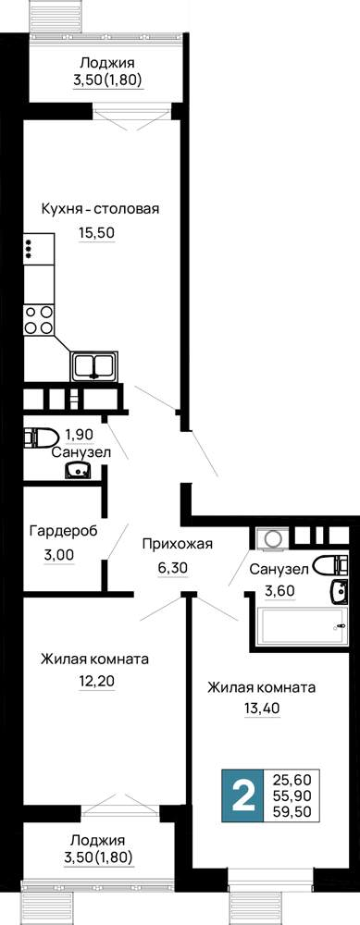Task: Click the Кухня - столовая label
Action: coord(100,209)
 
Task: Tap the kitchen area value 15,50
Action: coord(96,233)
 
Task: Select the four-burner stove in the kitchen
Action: coord(39,320)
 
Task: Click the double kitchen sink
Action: coord(94,365)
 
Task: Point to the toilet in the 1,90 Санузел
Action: coord(40,438)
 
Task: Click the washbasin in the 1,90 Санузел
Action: coord(78,470)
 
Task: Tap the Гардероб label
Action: coord(64,530)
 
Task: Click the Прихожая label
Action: coord(177,544)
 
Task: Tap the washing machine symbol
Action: coord(273,538)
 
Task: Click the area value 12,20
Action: coord(96,682)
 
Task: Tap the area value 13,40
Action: coord(262,708)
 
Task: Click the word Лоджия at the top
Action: coord(107,63)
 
